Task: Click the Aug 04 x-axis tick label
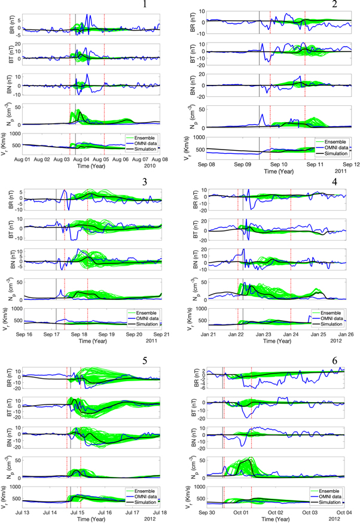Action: point(82,159)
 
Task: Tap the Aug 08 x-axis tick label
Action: point(160,159)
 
